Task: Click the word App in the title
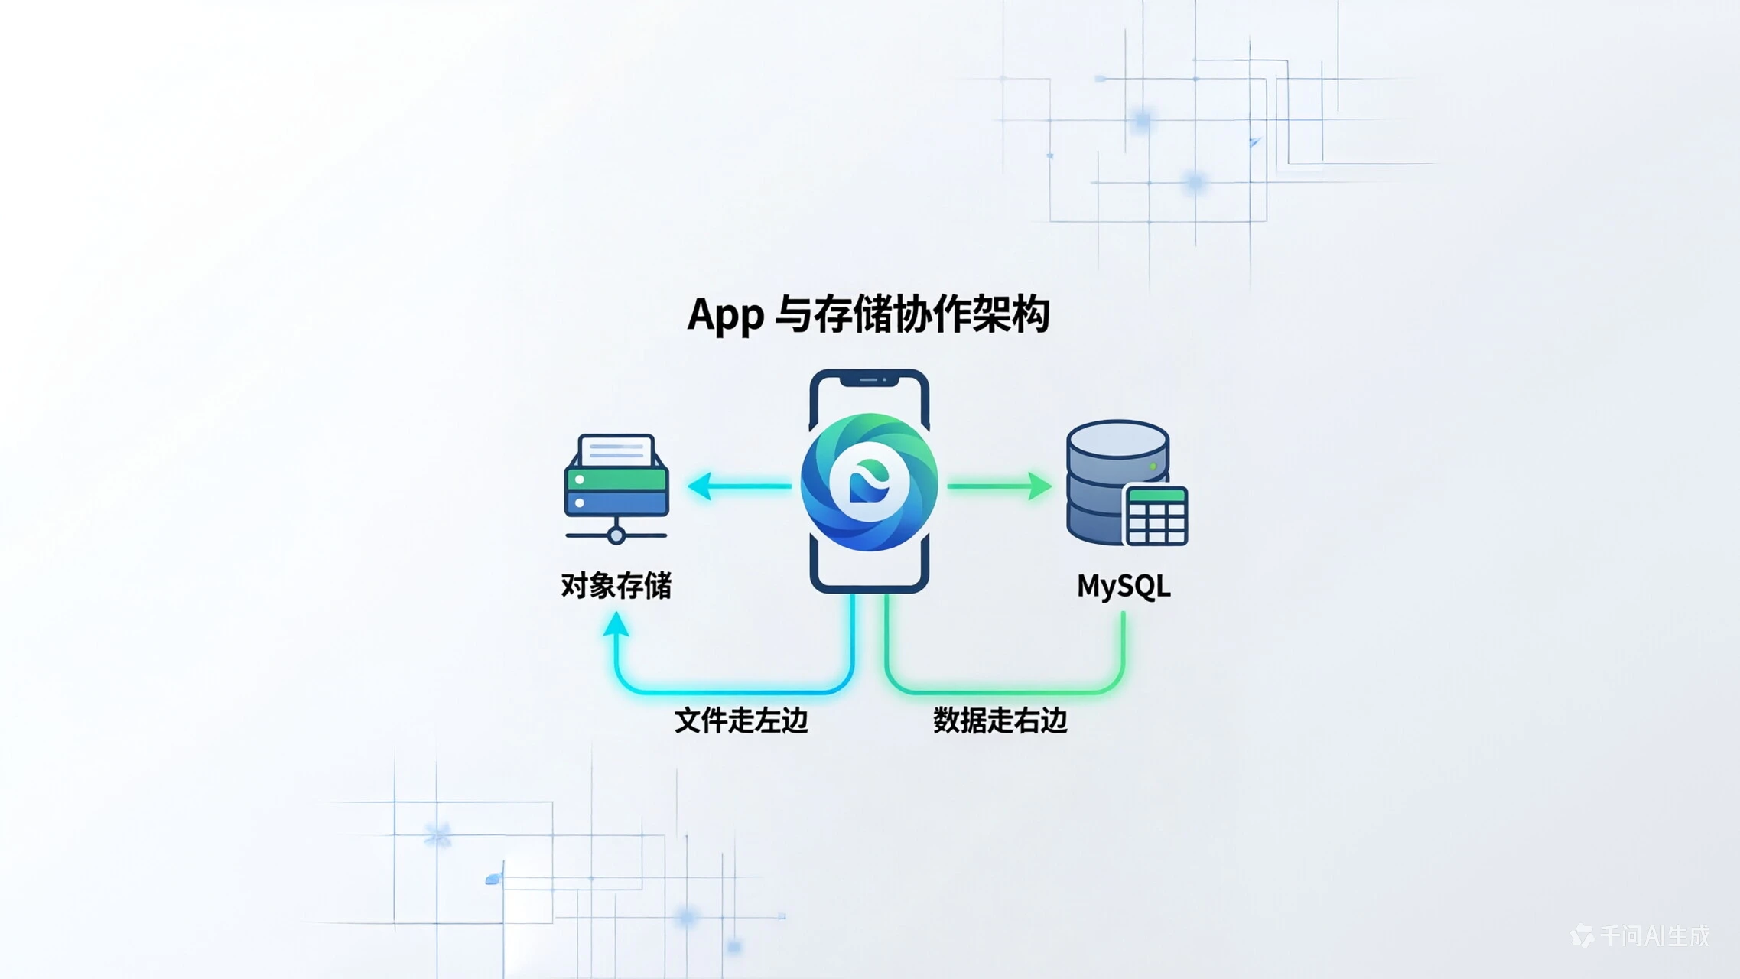[x=725, y=315]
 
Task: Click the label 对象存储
[x=616, y=586]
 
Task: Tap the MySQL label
[x=1124, y=587]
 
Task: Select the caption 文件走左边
[x=740, y=720]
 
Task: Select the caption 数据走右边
[x=1000, y=720]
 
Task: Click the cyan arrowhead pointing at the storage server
[x=699, y=486]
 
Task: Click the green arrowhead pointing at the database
[x=1040, y=486]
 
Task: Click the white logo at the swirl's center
[x=869, y=483]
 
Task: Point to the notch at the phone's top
[x=869, y=379]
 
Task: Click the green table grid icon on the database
[x=1156, y=516]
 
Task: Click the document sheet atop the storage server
[x=616, y=450]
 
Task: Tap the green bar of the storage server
[x=616, y=480]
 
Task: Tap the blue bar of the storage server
[x=616, y=503]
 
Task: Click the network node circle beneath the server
[x=616, y=535]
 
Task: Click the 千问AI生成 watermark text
[x=1654, y=936]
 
